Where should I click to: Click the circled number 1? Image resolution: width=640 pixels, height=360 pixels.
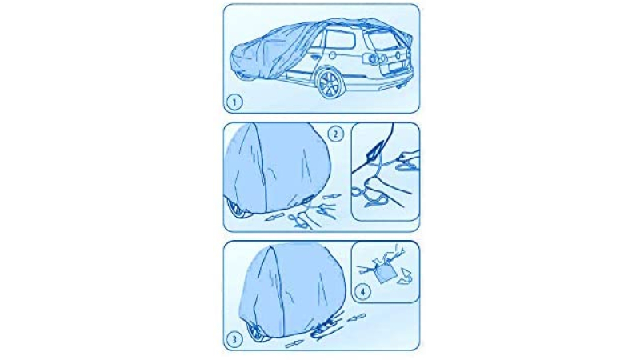(x=234, y=102)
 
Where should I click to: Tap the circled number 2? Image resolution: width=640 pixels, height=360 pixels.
(x=335, y=134)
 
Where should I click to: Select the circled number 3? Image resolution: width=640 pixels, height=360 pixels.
(x=234, y=338)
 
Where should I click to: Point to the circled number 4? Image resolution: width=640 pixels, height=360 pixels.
(x=362, y=291)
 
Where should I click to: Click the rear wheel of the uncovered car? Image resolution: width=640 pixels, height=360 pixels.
(x=330, y=84)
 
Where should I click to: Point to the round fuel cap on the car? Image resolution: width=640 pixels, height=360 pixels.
(x=332, y=55)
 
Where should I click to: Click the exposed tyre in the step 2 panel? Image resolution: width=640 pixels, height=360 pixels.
(x=234, y=208)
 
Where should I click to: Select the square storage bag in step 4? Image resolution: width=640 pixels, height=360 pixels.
(x=385, y=273)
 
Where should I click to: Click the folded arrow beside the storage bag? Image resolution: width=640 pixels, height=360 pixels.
(x=406, y=275)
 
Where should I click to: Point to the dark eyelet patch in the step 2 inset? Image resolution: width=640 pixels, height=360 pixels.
(x=374, y=151)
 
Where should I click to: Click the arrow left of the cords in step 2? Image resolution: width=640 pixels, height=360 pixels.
(x=274, y=218)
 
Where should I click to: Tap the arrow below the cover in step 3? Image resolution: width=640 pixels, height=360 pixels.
(x=294, y=344)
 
